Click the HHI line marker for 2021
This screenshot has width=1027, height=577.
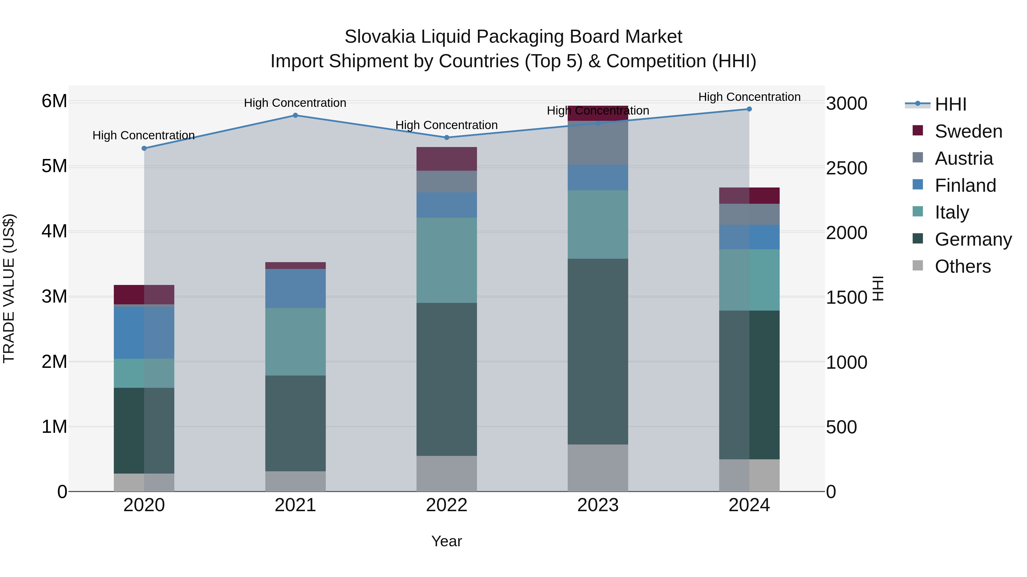point(296,115)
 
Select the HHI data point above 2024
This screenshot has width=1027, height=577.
point(749,109)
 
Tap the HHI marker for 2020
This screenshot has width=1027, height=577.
point(144,148)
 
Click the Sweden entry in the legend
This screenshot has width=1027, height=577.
point(968,131)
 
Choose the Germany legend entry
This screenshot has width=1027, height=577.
point(973,239)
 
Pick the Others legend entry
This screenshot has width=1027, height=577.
point(963,266)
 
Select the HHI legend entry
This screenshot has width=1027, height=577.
point(951,104)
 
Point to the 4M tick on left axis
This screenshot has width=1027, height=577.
point(54,231)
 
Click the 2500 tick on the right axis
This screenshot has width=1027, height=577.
point(846,168)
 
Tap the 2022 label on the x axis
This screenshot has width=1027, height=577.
point(446,505)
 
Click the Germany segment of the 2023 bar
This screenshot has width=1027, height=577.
point(598,351)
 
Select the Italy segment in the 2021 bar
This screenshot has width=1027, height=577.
point(296,342)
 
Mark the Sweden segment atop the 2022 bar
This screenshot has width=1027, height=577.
point(446,159)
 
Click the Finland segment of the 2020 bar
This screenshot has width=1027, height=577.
point(144,333)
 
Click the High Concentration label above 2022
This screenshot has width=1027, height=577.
point(446,125)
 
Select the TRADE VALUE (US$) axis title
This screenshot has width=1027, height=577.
point(9,288)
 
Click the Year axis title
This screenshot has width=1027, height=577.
point(446,541)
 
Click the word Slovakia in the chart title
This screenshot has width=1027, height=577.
point(380,37)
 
